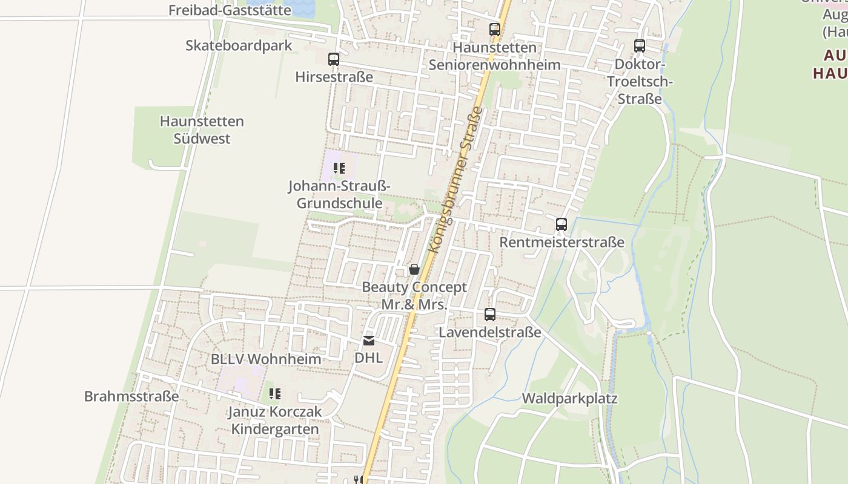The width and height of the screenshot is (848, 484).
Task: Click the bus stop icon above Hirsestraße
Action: point(334,59)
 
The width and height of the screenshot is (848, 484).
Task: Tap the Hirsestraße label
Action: point(334,77)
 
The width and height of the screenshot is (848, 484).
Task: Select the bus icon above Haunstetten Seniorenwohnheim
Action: point(495,29)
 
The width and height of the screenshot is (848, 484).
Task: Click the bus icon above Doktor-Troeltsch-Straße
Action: point(640,46)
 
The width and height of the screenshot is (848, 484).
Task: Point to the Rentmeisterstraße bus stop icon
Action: point(561,224)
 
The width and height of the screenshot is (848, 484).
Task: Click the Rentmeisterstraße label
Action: point(561,243)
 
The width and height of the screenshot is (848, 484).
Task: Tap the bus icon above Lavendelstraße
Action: point(490,315)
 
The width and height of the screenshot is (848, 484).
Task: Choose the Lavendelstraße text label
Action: point(490,333)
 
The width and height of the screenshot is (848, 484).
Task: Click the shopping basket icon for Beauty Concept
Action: point(414,269)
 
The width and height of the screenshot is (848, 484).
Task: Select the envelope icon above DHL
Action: point(369,341)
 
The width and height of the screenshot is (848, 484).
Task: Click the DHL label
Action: point(369,358)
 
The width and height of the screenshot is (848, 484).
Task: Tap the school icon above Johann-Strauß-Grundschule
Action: point(339,168)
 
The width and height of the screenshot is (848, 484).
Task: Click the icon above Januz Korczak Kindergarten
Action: point(275,394)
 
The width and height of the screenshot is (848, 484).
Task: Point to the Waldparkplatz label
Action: point(569,399)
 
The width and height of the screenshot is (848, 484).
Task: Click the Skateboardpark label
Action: point(239,45)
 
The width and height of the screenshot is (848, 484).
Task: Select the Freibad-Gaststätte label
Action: point(230,10)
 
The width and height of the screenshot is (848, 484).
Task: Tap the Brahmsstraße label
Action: point(131,396)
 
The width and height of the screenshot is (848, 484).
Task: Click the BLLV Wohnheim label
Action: point(266,359)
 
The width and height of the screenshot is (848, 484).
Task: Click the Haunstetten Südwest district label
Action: point(202,129)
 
